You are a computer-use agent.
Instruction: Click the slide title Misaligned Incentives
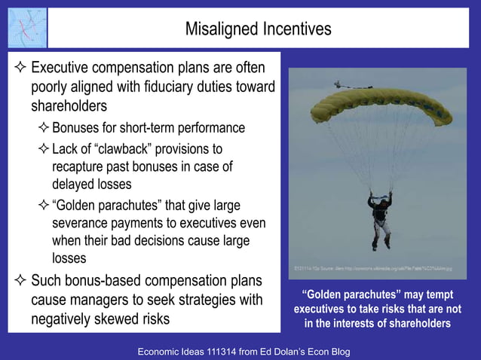click(x=258, y=29)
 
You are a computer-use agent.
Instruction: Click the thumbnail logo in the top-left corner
click(x=26, y=28)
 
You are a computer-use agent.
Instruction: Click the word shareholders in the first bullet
click(x=69, y=106)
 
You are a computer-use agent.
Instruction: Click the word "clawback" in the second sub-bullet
click(x=123, y=148)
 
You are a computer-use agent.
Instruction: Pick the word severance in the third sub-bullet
click(x=82, y=224)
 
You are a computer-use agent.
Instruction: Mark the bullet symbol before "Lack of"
click(x=43, y=148)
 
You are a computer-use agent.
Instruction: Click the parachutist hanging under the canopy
click(x=379, y=218)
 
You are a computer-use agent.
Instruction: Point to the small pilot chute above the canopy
click(x=344, y=86)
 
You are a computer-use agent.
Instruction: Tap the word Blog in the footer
click(x=336, y=352)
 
